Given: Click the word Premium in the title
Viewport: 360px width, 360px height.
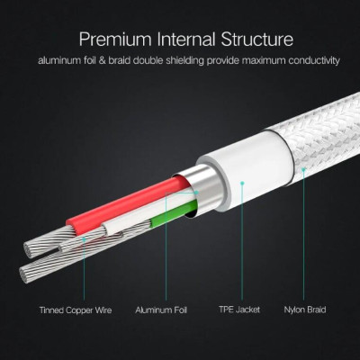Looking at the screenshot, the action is coord(115,40).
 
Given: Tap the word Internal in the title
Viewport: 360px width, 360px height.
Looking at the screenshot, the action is coord(186,40).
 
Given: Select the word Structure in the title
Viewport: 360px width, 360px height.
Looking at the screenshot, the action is coord(257,40).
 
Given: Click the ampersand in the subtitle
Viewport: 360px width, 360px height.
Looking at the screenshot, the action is coord(103,60).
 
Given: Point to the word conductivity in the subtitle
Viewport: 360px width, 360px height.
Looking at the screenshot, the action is coord(314,60).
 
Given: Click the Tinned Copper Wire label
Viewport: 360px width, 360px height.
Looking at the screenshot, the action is coord(76,310).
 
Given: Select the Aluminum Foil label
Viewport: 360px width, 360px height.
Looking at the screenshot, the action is coord(161,310).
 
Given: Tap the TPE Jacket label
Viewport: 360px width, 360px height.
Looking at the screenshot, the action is coord(239,310).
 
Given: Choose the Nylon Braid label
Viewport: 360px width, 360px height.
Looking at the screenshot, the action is coord(305,310).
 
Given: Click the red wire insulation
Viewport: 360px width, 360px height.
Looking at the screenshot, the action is coord(126,204).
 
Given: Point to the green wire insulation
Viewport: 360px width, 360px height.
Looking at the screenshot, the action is coord(174,213).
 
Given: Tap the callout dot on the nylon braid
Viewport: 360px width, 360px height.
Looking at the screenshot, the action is coord(303,169).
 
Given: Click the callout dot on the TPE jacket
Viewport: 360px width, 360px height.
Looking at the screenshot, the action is coord(242,183).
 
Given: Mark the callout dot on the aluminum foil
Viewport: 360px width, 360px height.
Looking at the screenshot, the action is coord(196,192).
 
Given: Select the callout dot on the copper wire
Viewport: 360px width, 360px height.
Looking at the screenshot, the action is coord(84,239).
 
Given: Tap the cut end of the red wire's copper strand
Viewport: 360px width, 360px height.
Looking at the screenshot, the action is coord(29,250).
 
